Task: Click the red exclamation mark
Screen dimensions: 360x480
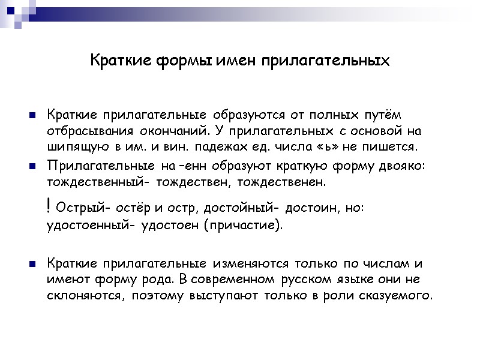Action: coord(48,207)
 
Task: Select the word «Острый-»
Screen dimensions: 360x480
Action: coord(82,208)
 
